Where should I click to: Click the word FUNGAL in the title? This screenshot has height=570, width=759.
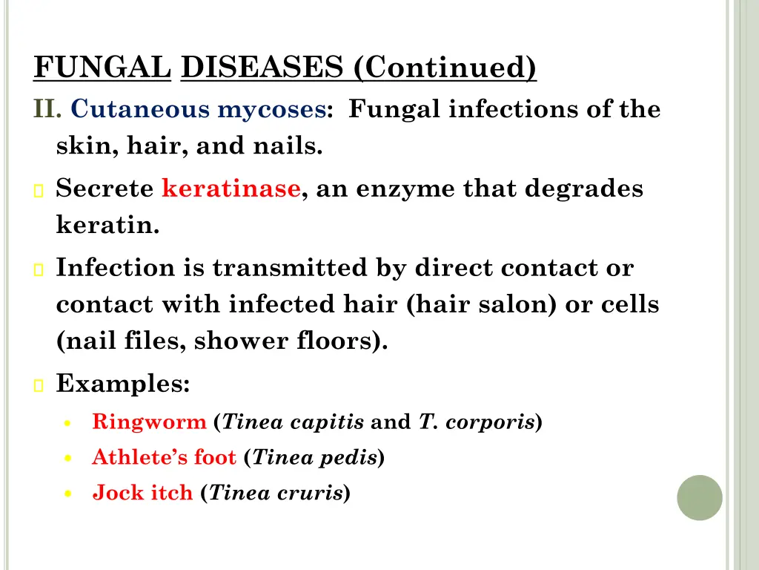pos(102,69)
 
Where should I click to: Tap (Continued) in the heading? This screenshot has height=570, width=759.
pos(445,69)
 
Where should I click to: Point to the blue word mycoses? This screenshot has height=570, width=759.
pos(271,110)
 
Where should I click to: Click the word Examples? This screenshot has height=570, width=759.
pos(124,384)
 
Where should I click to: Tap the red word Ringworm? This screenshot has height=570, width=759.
pos(149,422)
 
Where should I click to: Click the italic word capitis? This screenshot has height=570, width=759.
pos(334,422)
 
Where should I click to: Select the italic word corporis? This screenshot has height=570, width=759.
pos(498,422)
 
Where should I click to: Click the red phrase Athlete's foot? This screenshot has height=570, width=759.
pos(164,458)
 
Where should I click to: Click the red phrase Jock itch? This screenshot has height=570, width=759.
pos(142,492)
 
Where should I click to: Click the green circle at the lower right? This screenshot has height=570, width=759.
pos(700,497)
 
